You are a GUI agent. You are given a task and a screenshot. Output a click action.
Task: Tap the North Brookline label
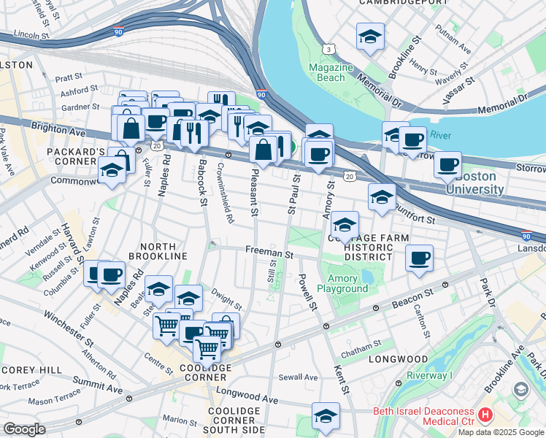[x=158, y=250]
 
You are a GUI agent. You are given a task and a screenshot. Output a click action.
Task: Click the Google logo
[x=24, y=429]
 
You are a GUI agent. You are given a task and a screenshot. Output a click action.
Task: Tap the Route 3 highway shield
[x=330, y=48]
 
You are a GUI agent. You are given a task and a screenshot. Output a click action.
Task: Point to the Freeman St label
[x=269, y=255]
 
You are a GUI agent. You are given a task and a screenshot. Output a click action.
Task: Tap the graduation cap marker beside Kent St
[x=326, y=416]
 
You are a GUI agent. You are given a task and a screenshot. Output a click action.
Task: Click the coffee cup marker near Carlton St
[x=419, y=259]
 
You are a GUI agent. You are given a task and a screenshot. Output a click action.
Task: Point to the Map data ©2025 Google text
[x=500, y=432]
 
